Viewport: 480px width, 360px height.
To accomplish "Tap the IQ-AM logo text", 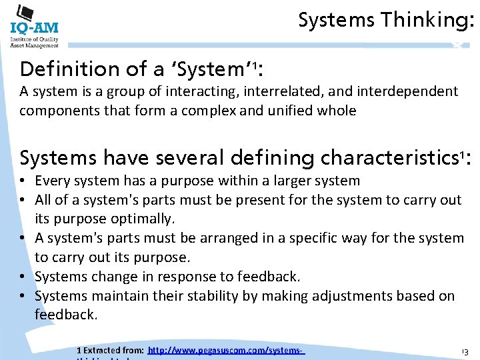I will point(35,29).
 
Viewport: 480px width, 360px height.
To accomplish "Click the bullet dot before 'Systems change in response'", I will point(24,277).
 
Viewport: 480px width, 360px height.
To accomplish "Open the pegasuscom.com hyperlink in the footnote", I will point(226,350).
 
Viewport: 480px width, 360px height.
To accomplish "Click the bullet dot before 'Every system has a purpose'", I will point(24,181).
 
